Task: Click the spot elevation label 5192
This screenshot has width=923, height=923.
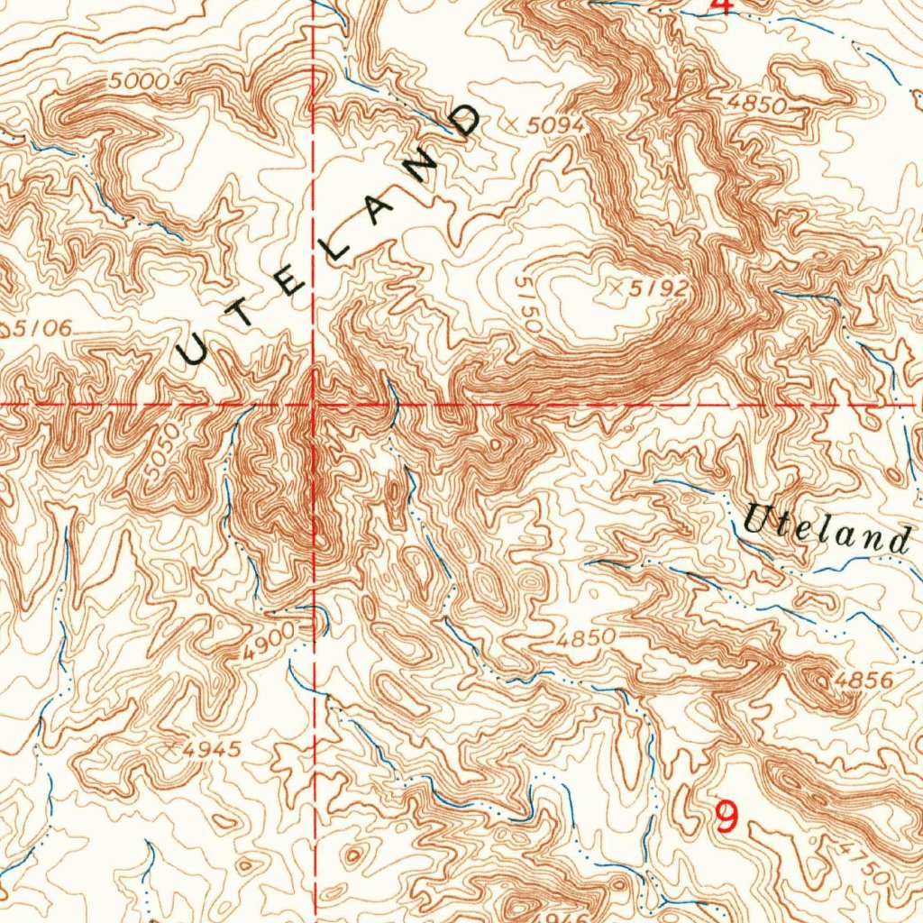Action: tap(660, 289)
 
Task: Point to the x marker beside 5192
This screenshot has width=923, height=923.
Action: tap(617, 288)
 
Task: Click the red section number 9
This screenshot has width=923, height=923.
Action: tap(726, 818)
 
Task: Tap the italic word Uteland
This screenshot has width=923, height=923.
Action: tap(826, 533)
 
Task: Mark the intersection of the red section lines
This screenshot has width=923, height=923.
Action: tap(313, 405)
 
